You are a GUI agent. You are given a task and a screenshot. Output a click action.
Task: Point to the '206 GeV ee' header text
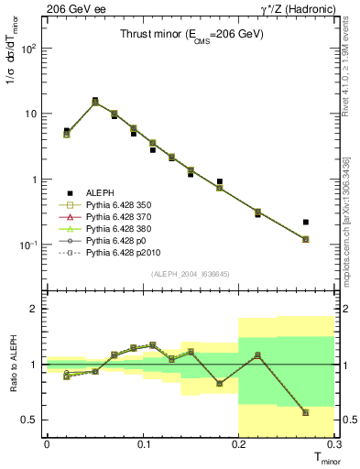pos(66,8)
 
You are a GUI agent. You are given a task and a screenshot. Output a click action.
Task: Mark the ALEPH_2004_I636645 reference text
pos(191,273)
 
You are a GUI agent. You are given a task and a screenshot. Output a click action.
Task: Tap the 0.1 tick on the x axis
pos(143,446)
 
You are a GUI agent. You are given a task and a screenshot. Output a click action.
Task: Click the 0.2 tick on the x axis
pos(239,446)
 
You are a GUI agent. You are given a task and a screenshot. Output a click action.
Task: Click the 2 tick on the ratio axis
pos(37,309)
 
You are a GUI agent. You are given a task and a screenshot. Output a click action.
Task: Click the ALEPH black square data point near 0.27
pos(305,222)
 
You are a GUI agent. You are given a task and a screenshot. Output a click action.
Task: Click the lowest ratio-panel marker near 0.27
pos(305,412)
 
